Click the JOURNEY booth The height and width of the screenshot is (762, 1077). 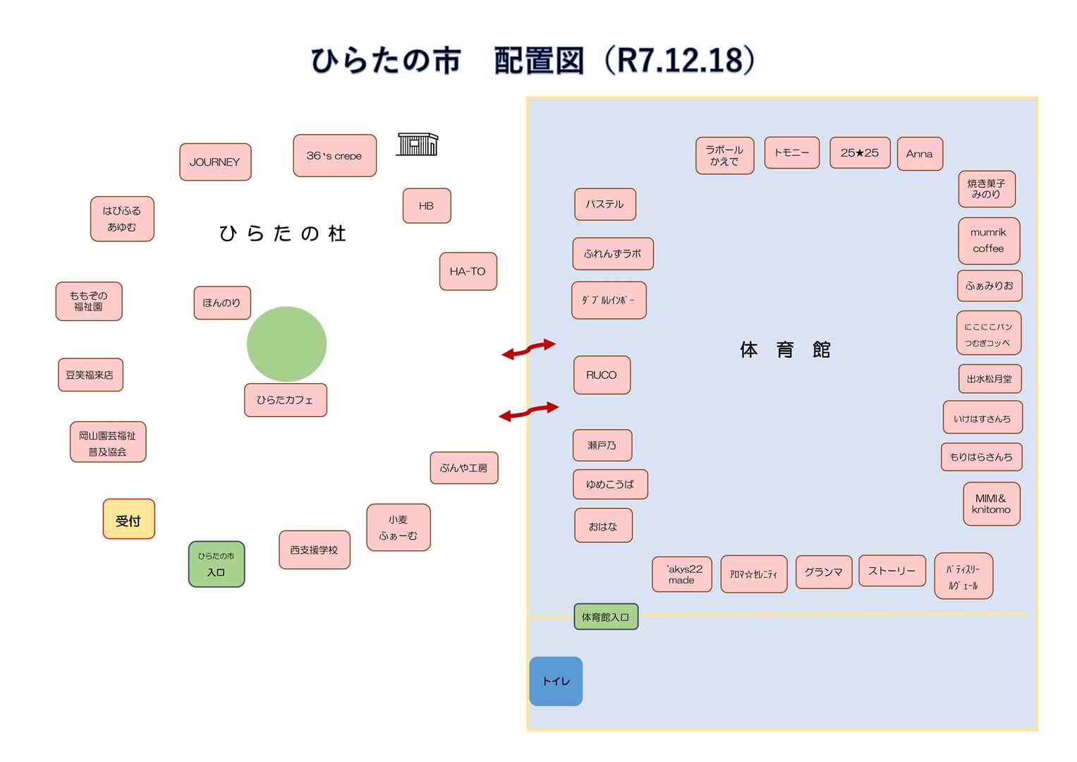215,162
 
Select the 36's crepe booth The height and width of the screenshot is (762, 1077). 334,156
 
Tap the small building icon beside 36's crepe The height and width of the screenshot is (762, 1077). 417,144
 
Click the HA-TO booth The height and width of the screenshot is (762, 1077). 468,272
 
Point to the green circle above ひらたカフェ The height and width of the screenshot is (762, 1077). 286,344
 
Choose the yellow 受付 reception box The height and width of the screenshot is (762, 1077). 128,520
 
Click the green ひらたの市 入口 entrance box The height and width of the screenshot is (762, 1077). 217,564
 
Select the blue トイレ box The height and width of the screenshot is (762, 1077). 556,682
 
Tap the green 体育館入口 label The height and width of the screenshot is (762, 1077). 605,617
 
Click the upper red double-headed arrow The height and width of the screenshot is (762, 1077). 528,349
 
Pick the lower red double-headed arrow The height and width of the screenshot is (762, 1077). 528,412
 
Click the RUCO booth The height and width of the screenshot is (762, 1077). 602,375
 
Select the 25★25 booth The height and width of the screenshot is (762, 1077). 860,153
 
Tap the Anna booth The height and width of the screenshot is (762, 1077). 920,154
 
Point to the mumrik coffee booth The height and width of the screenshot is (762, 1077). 988,241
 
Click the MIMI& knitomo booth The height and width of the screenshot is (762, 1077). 991,504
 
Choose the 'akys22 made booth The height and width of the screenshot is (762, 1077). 681,574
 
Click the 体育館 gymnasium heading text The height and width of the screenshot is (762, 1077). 785,350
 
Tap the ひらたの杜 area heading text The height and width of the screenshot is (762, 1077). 282,234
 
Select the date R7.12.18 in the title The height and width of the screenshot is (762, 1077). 680,61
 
